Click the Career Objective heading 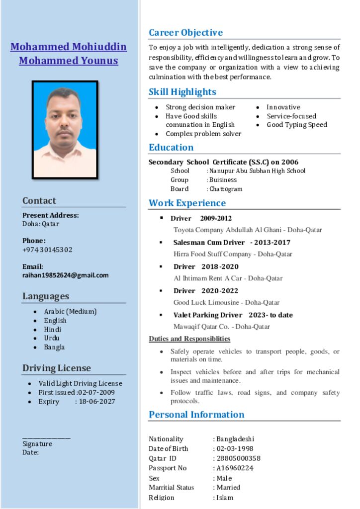[185, 33]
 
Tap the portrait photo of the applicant [65, 130]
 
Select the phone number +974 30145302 [47, 250]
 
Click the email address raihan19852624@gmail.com [65, 275]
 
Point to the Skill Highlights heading [182, 92]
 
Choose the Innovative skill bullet [283, 107]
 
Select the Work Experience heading [187, 203]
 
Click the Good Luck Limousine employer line [226, 302]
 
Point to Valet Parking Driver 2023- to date [233, 315]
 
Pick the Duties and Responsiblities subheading [189, 339]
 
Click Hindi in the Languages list [53, 329]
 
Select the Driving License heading [56, 368]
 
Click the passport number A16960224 [235, 468]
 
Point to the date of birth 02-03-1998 [235, 448]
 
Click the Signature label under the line [37, 444]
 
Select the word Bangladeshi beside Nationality [235, 439]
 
